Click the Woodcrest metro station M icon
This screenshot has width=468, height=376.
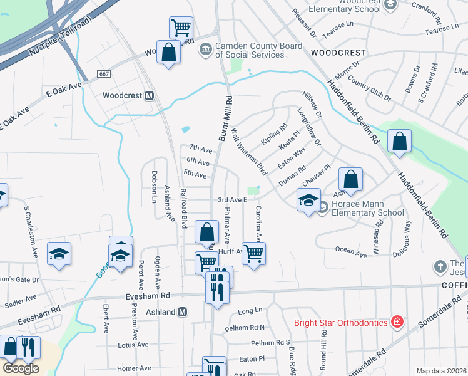[149, 96]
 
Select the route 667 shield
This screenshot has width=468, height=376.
[104, 74]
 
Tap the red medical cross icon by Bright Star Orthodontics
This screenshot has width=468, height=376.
[396, 323]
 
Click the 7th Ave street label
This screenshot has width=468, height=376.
[201, 149]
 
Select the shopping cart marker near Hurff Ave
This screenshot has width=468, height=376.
[253, 254]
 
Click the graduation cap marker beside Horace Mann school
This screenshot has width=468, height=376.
[308, 201]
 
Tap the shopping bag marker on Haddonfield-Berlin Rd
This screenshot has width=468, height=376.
[399, 142]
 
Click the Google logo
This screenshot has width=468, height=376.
[21, 368]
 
